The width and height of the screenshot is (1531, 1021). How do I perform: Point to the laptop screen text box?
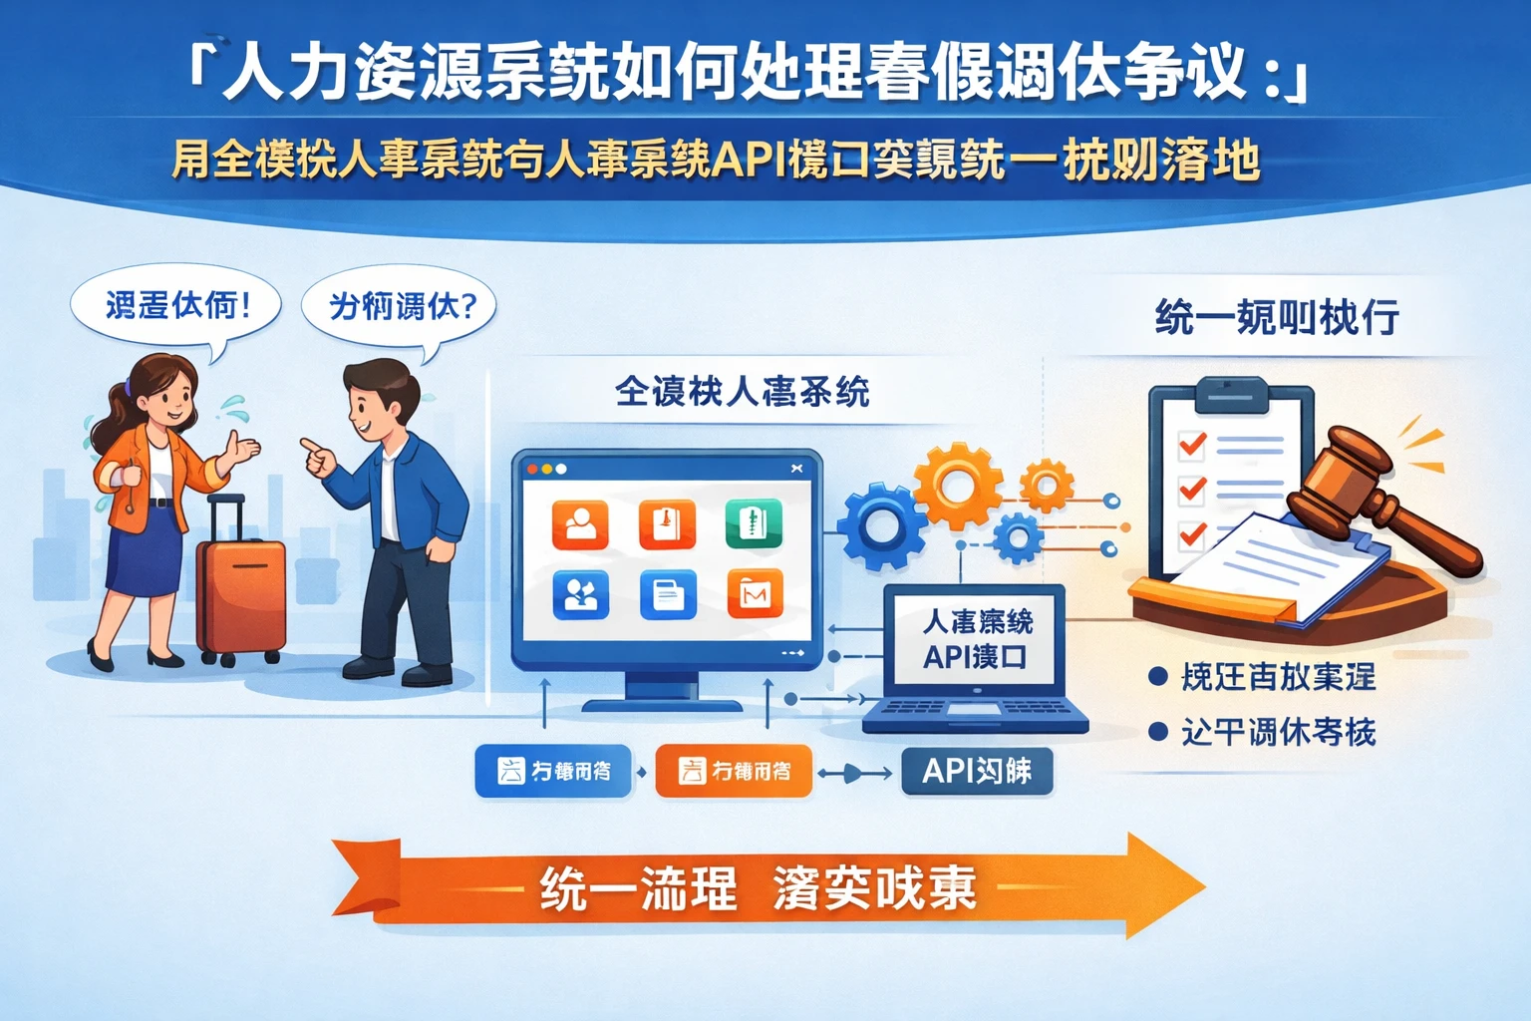coord(975,639)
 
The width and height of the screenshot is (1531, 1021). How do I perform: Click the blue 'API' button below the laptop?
coord(976,771)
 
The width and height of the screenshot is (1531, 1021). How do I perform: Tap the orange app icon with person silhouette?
coord(580,525)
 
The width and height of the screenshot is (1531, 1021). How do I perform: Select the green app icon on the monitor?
coord(754,523)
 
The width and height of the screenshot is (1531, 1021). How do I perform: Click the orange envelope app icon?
coord(755,595)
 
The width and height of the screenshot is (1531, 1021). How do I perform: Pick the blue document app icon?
coord(668,595)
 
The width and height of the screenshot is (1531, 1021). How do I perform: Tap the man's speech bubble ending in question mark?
coord(400,306)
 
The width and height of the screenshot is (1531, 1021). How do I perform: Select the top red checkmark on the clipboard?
coord(1192,443)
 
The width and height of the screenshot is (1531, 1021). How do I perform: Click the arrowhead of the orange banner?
coord(1166,885)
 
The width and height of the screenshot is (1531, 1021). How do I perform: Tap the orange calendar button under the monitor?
coord(734,771)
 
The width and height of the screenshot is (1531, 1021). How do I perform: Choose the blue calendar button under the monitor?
coord(553,771)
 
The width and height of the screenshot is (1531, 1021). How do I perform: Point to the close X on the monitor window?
coord(796,469)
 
